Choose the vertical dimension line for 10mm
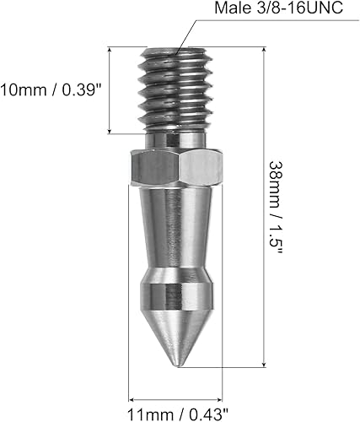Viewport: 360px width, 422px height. coord(110,89)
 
